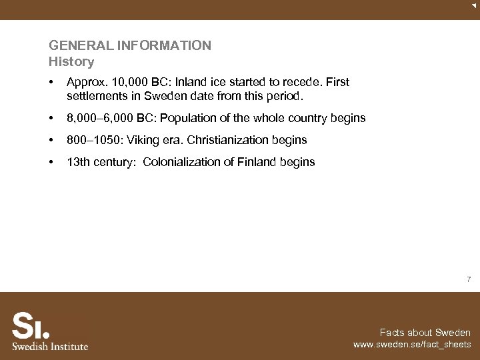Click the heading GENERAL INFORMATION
tap(130, 46)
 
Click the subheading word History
tap(71, 62)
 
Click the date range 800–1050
tap(94, 140)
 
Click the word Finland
tap(258, 162)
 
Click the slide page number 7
tap(469, 280)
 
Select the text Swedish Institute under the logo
tap(50, 346)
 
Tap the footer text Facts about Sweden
tap(425, 333)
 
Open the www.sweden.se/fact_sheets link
tap(412, 345)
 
